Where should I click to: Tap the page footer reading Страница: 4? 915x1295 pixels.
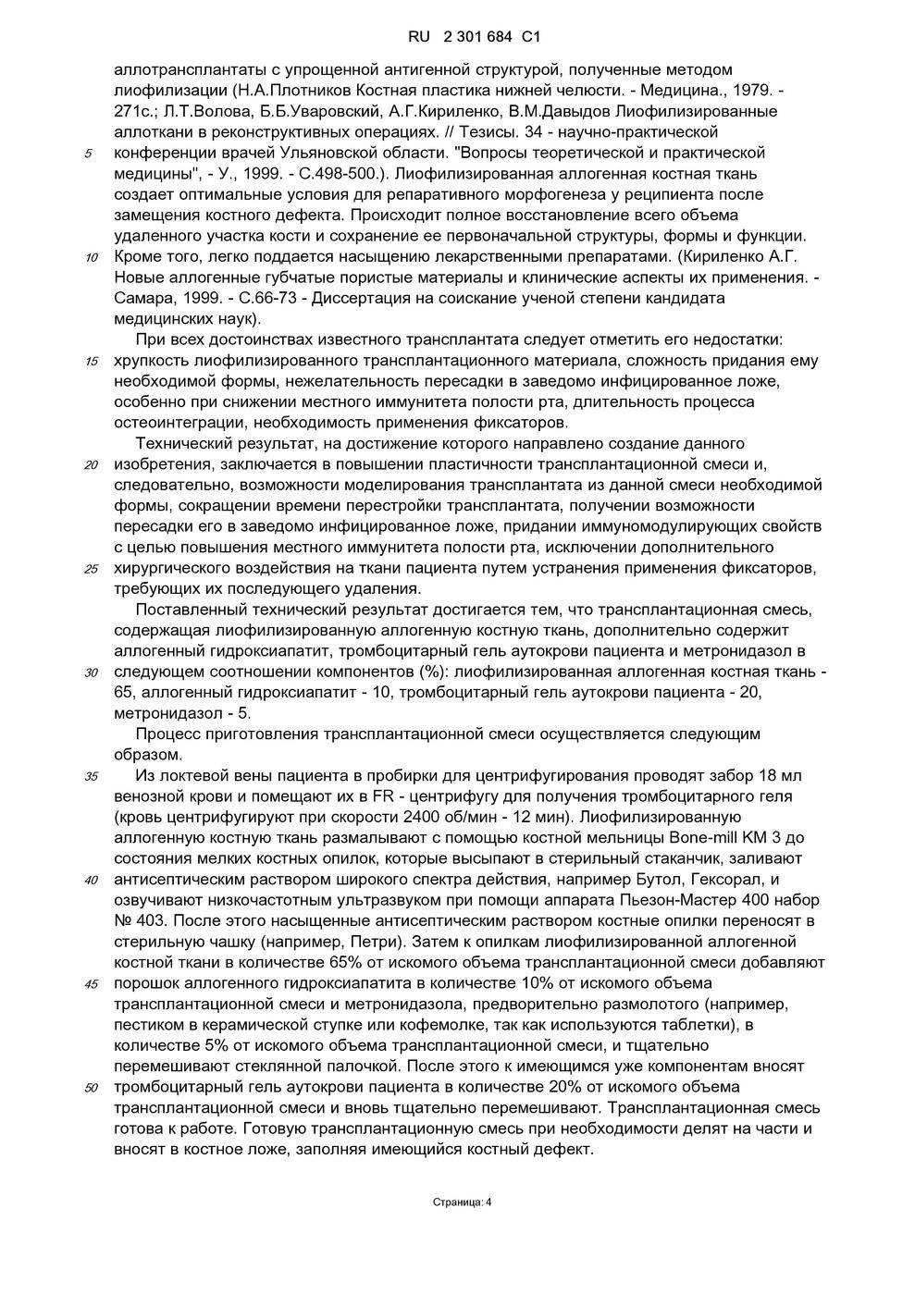click(463, 1202)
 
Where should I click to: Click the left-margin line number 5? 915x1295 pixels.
click(88, 154)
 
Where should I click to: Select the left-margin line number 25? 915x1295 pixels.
click(91, 569)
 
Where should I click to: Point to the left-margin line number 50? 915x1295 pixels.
click(91, 1088)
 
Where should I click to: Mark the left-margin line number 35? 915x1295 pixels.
click(91, 776)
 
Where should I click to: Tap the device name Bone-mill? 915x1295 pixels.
click(703, 838)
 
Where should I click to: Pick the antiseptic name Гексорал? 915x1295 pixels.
click(724, 879)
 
